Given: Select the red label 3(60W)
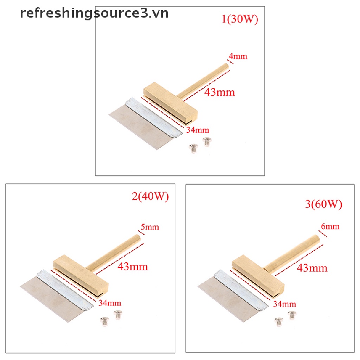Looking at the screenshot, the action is pos(323,204).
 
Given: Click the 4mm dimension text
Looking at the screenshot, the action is pos(238,56).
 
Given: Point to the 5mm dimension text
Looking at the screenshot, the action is pos(150,227).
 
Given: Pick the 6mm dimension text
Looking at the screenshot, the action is pos(330,226).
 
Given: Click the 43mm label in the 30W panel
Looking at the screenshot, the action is pos(220,92).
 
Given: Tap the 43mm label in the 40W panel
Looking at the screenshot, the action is pos(133,266).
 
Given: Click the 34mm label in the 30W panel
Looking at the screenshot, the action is pos(198,130).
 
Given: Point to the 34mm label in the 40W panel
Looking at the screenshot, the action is pos(110,302).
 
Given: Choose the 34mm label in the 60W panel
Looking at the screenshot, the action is pos(284,303).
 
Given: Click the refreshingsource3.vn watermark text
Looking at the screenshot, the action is pos(94,13).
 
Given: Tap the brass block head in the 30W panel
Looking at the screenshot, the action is pos(171,102).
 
